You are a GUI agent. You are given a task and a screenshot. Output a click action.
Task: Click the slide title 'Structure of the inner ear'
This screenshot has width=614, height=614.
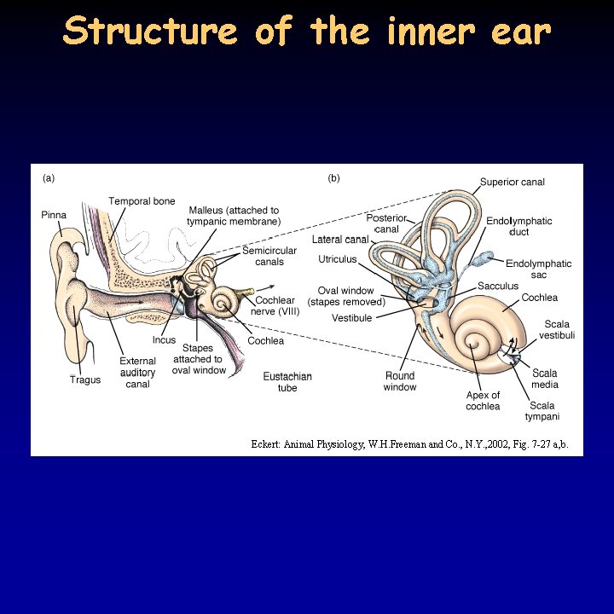pyautogui.click(x=307, y=32)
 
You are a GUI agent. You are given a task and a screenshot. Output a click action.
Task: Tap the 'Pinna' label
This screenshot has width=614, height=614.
pyautogui.click(x=54, y=215)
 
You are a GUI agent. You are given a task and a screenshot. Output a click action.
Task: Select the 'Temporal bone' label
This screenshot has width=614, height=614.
pyautogui.click(x=142, y=201)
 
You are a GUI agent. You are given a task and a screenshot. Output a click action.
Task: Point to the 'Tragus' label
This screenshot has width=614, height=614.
pyautogui.click(x=85, y=379)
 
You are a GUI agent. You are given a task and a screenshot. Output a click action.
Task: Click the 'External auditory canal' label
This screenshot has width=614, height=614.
pyautogui.click(x=137, y=373)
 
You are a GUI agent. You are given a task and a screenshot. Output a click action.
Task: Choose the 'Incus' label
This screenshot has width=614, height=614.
pyautogui.click(x=164, y=340)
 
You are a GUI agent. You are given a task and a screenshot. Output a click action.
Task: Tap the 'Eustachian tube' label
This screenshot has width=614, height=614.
pyautogui.click(x=287, y=381)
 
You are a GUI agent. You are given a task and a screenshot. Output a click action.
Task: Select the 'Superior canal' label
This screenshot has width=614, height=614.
pyautogui.click(x=512, y=182)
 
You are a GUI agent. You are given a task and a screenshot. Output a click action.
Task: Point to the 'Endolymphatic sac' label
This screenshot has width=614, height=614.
pyautogui.click(x=538, y=269)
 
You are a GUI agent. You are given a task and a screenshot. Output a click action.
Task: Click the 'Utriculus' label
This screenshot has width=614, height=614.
pyautogui.click(x=337, y=258)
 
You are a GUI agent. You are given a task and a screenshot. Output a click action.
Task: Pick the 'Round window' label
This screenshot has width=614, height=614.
pyautogui.click(x=400, y=381)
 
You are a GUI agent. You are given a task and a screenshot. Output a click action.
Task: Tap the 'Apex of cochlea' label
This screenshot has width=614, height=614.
pyautogui.click(x=483, y=401)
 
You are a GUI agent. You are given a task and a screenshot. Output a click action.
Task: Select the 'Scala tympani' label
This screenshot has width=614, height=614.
pyautogui.click(x=542, y=411)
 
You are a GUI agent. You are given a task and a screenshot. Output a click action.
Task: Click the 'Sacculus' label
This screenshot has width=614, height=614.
pyautogui.click(x=497, y=286)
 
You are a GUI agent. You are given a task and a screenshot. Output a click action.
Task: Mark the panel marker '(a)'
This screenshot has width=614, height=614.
pyautogui.click(x=49, y=178)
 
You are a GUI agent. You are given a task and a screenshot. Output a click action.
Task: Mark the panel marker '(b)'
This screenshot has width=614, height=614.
pyautogui.click(x=333, y=178)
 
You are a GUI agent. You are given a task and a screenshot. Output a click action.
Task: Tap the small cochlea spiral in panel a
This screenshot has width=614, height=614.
pyautogui.click(x=225, y=301)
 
